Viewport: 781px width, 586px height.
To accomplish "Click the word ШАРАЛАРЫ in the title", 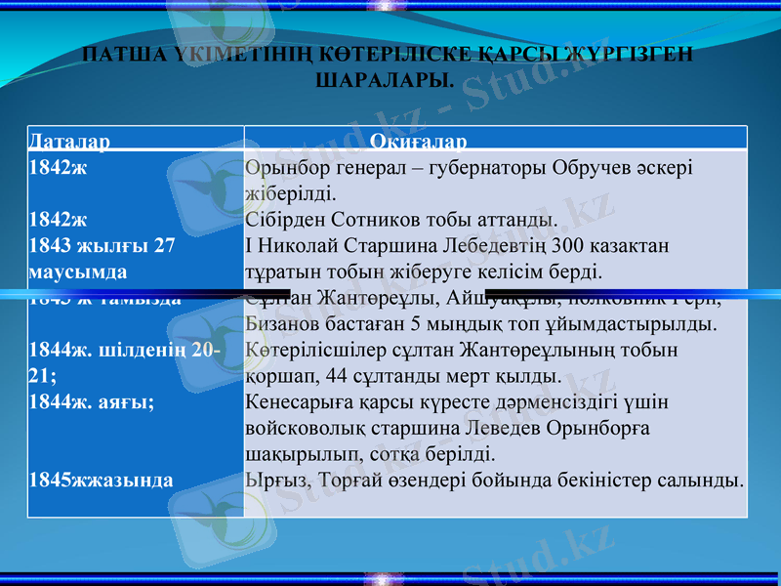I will click(x=386, y=78).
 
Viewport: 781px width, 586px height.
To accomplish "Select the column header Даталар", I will click(x=69, y=141).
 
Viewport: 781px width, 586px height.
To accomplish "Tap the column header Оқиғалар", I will click(x=418, y=141).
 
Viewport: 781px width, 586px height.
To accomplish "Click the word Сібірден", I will click(x=287, y=219).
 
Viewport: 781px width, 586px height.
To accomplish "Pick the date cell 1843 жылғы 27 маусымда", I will click(x=103, y=257).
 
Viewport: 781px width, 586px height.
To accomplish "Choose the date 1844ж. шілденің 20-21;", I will click(x=124, y=361).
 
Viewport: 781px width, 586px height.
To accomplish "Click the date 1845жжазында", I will click(x=102, y=480).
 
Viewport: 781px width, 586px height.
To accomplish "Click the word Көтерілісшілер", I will click(x=313, y=349).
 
